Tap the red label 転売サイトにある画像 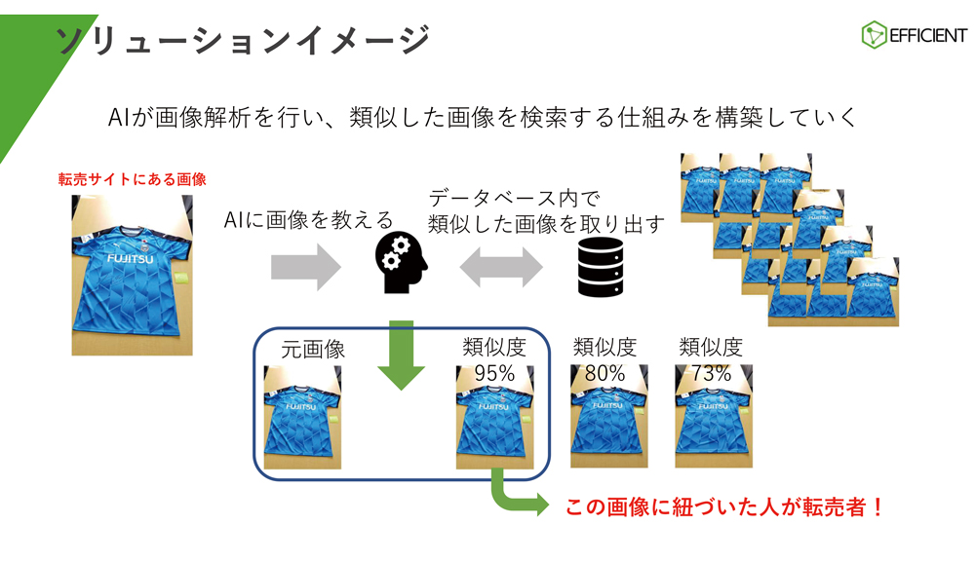tap(133, 179)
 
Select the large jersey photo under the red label tap(132, 275)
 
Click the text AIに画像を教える tap(307, 220)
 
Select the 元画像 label tap(313, 350)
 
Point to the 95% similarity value tap(493, 373)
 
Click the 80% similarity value tap(604, 373)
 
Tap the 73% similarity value tap(711, 373)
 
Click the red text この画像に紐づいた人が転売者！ tap(724, 507)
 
